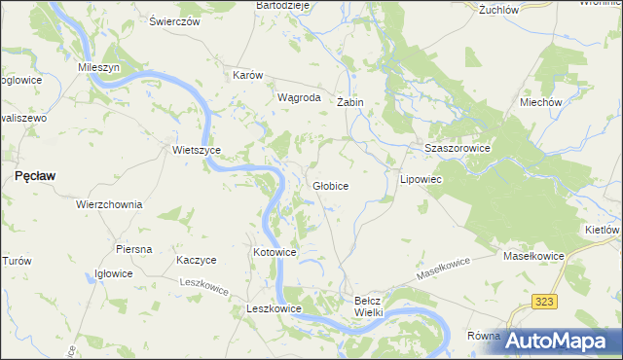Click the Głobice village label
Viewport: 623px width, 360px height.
click(x=331, y=185)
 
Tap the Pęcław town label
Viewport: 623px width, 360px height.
click(x=35, y=175)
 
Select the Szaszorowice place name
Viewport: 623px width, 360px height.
click(x=457, y=147)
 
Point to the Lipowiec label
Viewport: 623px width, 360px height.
click(x=421, y=180)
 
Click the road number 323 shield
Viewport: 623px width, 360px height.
click(x=544, y=303)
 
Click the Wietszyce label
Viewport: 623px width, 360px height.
click(x=197, y=150)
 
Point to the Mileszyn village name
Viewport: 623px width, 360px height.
click(x=98, y=68)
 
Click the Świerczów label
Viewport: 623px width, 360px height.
click(x=174, y=20)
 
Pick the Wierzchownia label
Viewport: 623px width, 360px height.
click(x=109, y=205)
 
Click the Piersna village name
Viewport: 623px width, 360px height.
click(x=133, y=249)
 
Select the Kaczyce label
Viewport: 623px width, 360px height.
click(x=196, y=260)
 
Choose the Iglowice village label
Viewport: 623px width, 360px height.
click(x=113, y=273)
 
